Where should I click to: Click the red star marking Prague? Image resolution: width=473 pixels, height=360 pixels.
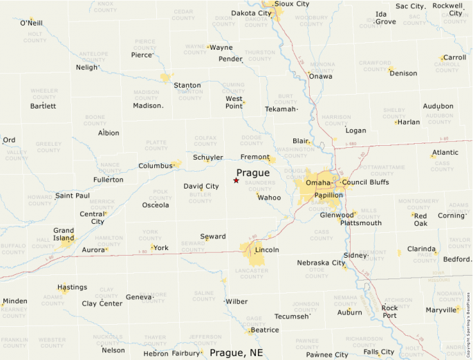236,180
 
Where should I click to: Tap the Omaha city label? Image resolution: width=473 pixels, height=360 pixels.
318,182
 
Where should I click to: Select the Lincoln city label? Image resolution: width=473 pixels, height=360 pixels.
267,249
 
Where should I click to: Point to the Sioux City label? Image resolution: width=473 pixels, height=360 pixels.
292,3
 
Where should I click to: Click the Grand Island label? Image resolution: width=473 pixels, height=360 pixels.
64,235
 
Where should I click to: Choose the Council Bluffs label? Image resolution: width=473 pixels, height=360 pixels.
365,182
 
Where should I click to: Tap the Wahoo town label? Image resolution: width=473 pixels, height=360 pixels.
270,198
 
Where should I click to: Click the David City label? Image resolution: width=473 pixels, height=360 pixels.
201,187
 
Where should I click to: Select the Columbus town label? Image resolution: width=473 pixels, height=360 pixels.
155,166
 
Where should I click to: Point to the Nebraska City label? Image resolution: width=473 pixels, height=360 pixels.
321,263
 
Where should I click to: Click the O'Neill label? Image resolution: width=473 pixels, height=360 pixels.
31,23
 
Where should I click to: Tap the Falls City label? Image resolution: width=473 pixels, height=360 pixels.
379,352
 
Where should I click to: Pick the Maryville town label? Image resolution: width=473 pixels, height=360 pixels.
441,310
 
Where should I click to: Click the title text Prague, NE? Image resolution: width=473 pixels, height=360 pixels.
236,352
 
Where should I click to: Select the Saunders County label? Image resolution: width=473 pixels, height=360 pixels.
260,187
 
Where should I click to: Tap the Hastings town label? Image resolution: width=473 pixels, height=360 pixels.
72,287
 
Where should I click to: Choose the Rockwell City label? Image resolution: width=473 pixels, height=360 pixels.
447,9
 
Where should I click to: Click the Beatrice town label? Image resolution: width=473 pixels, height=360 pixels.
264,330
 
